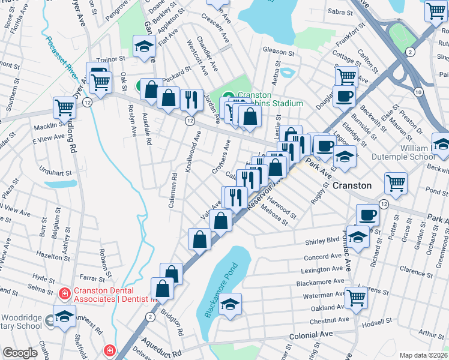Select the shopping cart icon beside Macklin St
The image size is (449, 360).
tap(64, 108)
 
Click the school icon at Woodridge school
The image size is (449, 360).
tap(64, 316)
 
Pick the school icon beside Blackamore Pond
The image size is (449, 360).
tap(230, 304)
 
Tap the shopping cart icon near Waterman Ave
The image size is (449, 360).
tap(357, 296)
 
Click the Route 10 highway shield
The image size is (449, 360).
tap(418, 90)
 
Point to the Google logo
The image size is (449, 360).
tap(20, 353)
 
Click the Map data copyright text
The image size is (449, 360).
tap(424, 355)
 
